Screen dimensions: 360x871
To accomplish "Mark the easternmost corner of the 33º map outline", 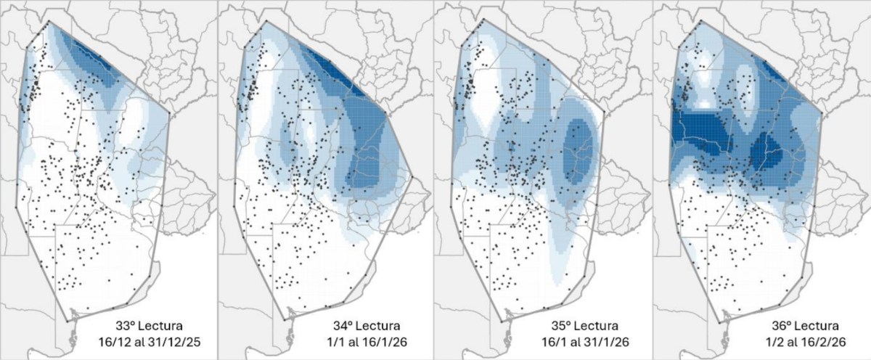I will (x=169, y=114).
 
